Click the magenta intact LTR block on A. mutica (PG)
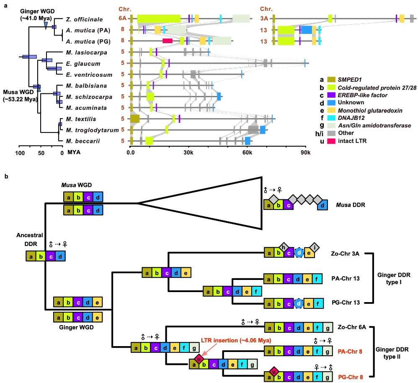coord(168,41)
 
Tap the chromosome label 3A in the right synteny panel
coord(265,19)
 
